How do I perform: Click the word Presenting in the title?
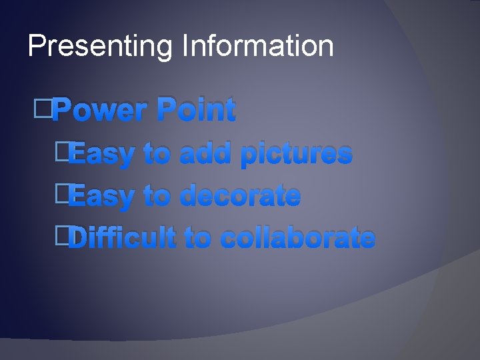[100, 47]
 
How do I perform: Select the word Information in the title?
[257, 46]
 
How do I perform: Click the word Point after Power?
[196, 110]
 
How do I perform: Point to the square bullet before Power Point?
[42, 107]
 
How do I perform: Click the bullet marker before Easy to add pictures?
[63, 151]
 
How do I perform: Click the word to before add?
[157, 155]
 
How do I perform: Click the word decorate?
[240, 196]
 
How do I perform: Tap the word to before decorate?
[157, 197]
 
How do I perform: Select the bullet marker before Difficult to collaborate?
[63, 235]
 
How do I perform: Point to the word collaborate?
[297, 238]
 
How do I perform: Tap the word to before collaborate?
[197, 238]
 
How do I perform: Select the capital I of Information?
[183, 46]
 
